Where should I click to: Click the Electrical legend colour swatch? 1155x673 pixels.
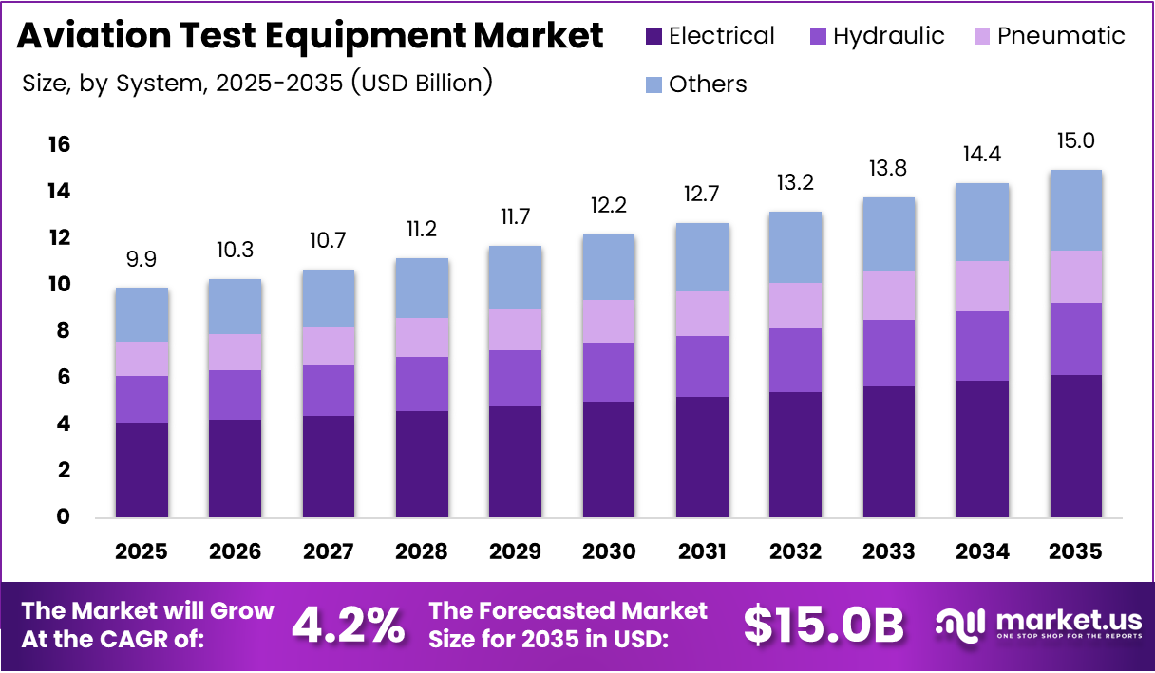653,37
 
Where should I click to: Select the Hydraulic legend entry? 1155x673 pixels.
888,36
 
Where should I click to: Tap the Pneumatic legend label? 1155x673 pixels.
1061,36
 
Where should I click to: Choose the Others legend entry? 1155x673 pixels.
707,84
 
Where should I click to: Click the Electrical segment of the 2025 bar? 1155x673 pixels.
142,470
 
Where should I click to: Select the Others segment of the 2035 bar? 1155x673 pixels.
1076,210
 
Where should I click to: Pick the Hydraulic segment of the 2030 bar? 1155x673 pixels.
609,371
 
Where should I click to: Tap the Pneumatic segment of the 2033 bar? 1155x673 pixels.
889,295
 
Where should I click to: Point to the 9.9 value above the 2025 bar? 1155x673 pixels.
142,257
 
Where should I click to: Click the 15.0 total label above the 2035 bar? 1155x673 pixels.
1076,141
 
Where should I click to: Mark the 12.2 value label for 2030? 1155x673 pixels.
609,205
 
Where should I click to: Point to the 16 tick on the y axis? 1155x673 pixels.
59,144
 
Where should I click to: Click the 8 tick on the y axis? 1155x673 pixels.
63,330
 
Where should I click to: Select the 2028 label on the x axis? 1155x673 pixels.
422,551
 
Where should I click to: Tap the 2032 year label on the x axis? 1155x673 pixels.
796,551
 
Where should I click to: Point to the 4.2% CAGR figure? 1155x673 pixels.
348,625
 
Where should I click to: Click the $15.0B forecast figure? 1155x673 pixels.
823,625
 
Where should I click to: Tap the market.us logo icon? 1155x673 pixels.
961,623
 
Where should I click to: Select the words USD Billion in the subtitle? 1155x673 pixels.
422,83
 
